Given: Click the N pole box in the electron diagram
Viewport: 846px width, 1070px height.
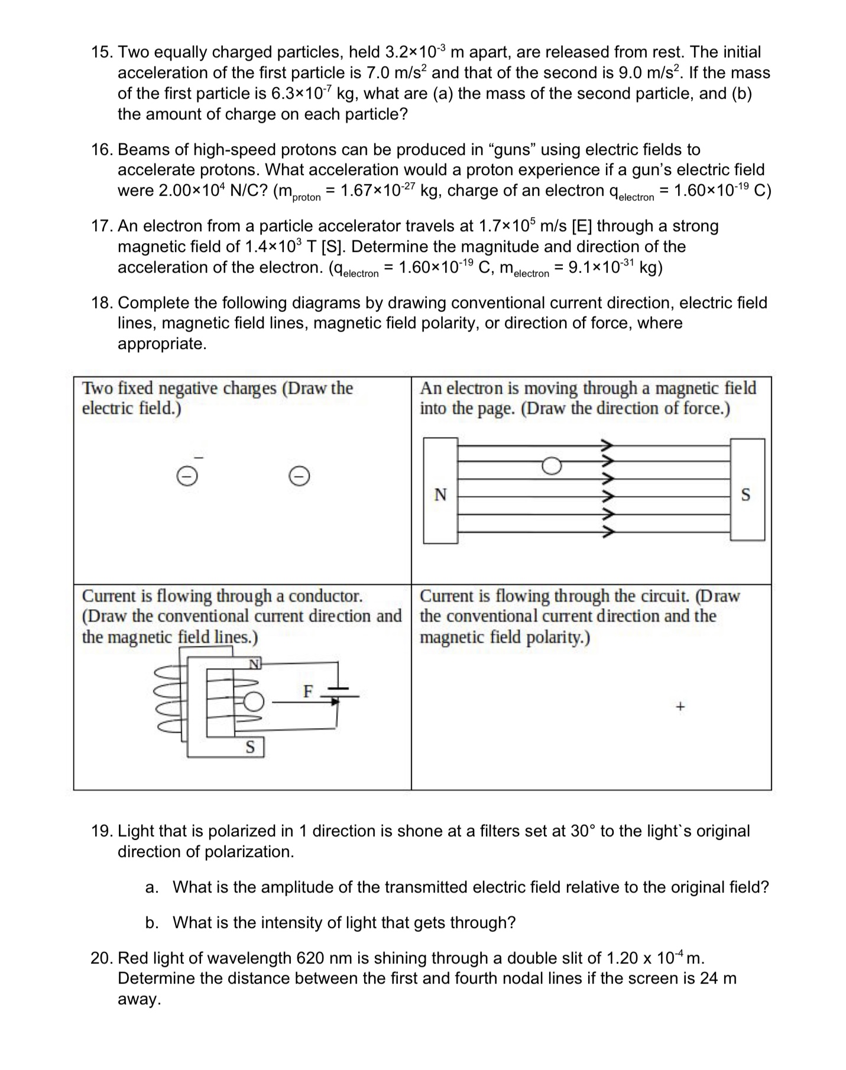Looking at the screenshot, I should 440,491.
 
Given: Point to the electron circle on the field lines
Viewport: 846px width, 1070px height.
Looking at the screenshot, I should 551,467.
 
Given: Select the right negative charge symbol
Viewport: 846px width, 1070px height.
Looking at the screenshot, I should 300,476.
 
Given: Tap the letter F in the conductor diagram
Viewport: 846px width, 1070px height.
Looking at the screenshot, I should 307,691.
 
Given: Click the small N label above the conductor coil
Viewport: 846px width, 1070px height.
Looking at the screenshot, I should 254,664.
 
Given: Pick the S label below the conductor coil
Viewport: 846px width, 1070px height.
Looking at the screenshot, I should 251,747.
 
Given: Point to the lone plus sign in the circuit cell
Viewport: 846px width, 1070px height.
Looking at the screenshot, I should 680,706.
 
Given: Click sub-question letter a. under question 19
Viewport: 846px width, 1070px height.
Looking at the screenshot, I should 152,887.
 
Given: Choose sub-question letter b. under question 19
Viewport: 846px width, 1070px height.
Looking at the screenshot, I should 152,923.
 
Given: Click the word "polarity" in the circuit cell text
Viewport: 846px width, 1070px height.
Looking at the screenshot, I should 552,638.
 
